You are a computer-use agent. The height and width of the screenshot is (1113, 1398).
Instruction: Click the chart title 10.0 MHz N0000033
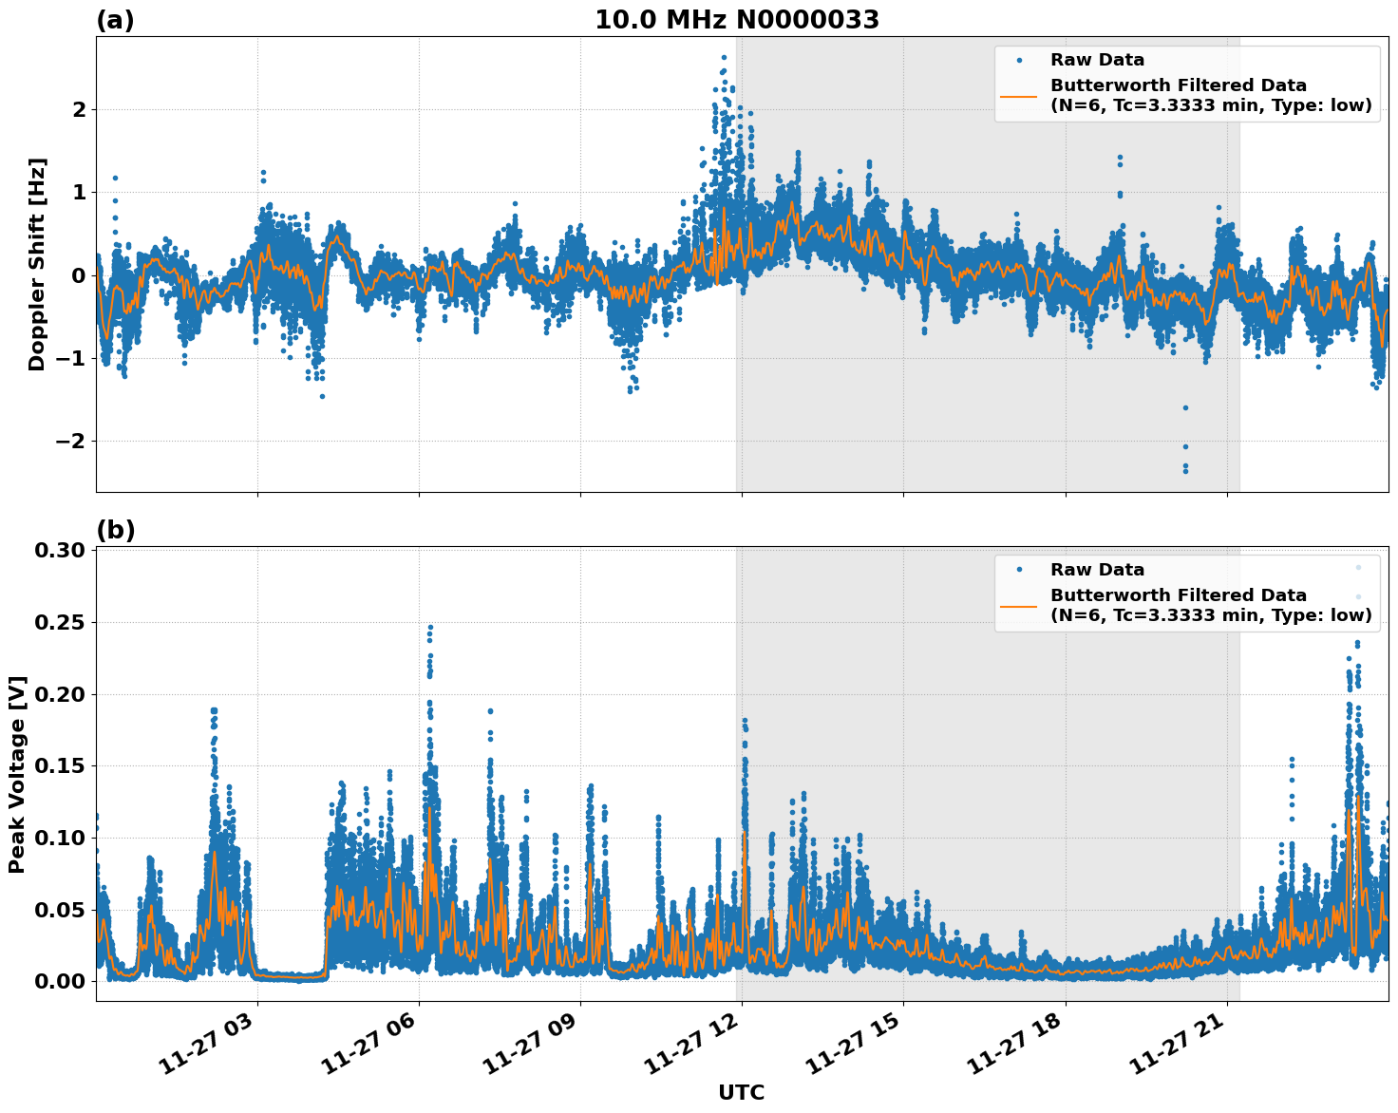[x=737, y=20]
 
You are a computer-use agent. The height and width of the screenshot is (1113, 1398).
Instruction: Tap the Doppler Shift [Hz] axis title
[x=37, y=264]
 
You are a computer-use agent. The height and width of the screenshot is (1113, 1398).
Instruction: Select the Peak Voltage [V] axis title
[x=17, y=774]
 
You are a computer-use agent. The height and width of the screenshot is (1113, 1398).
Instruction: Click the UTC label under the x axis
[x=741, y=1092]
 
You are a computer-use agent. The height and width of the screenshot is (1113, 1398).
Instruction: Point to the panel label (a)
[x=115, y=20]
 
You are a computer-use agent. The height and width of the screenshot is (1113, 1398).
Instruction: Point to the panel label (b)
[x=115, y=530]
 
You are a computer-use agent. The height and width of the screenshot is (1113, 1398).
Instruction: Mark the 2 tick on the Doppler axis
[x=79, y=109]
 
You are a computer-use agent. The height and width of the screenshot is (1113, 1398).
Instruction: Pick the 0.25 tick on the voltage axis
[x=63, y=622]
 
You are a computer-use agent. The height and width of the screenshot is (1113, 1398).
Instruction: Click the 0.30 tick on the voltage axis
[x=63, y=551]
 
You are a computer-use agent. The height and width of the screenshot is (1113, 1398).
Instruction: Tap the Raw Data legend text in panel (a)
[x=1097, y=60]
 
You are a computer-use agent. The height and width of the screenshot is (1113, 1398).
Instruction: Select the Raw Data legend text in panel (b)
[x=1097, y=570]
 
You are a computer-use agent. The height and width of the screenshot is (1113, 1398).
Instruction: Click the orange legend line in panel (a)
[x=1019, y=96]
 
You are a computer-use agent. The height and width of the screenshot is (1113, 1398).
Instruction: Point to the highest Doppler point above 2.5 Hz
[x=724, y=57]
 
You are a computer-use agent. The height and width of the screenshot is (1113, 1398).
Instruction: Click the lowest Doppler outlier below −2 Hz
[x=1185, y=470]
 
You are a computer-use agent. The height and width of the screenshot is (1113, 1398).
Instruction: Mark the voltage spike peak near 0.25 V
[x=430, y=628]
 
